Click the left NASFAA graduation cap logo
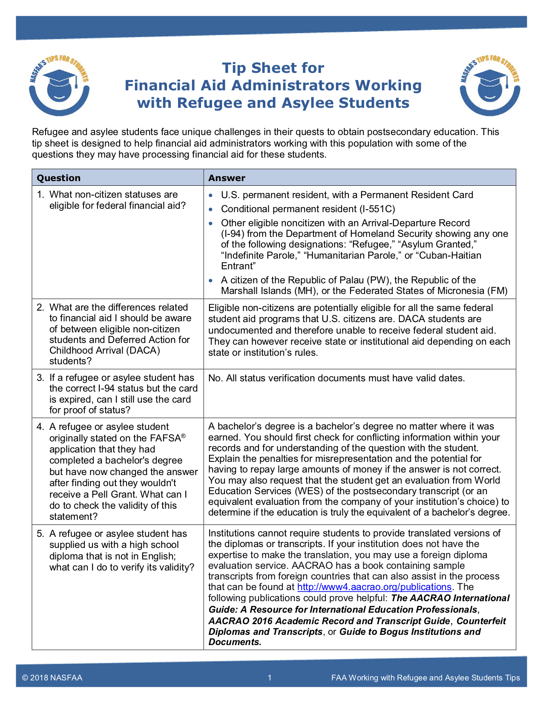point(59,86)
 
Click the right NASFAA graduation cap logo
point(490,86)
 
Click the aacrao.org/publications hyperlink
point(374,587)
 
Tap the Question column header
point(59,178)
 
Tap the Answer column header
point(227,178)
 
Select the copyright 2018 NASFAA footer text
point(52,677)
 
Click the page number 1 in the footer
point(270,677)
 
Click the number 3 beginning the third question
point(40,378)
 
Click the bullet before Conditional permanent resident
point(211,210)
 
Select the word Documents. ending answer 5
point(235,642)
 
